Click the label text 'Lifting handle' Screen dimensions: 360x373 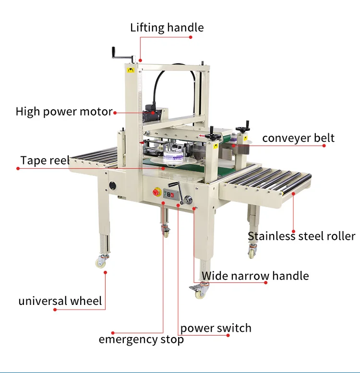(x=167, y=27)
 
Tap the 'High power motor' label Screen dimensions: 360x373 (x=64, y=112)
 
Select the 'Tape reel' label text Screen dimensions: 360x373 (x=45, y=160)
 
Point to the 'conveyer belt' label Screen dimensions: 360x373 (x=298, y=138)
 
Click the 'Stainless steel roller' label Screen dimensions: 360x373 (x=301, y=236)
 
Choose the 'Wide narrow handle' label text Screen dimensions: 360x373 (x=255, y=276)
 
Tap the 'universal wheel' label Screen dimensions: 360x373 (x=60, y=301)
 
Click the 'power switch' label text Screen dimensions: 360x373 (x=216, y=328)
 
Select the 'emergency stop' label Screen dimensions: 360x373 (x=141, y=340)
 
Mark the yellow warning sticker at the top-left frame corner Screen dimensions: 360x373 (x=129, y=70)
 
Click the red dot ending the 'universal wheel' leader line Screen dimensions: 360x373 (x=55, y=310)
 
